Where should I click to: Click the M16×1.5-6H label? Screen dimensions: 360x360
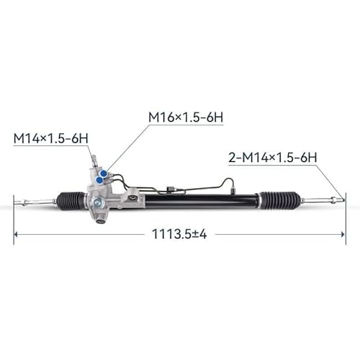tap(185, 116)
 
